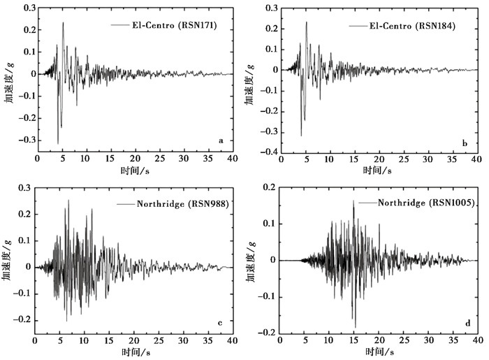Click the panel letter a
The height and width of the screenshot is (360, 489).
[x=221, y=141]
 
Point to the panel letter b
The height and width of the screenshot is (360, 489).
[x=465, y=142]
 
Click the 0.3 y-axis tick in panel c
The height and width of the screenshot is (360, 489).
[x=23, y=188]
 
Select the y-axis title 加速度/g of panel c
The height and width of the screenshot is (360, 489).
[x=6, y=260]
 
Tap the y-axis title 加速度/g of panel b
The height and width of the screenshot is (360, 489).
[x=249, y=79]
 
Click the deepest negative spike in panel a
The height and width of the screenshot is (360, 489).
[x=58, y=143]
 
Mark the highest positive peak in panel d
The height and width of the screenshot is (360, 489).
[x=353, y=201]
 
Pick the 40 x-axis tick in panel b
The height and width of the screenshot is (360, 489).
[x=475, y=160]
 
